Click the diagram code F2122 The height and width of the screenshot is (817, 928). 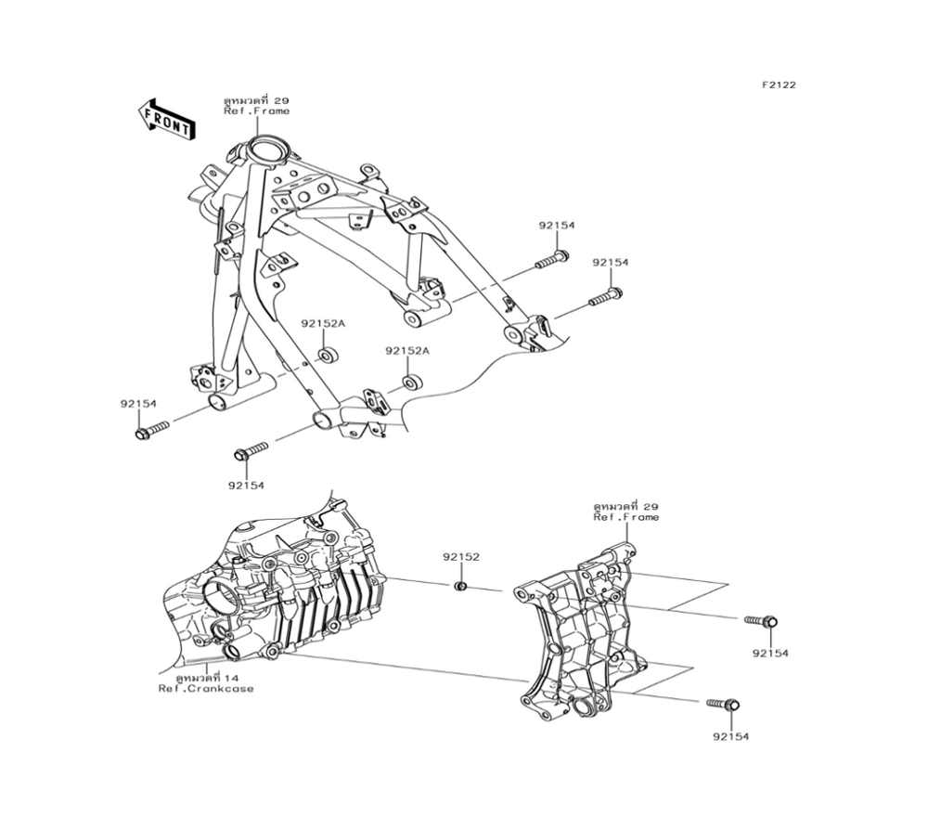[779, 84]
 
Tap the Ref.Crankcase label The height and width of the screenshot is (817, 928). [205, 688]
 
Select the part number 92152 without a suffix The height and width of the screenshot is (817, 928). [460, 557]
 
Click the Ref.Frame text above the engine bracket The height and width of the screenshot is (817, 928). [626, 517]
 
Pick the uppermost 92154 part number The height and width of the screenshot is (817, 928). [556, 226]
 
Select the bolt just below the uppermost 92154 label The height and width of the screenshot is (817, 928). [552, 258]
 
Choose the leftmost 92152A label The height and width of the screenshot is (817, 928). [322, 324]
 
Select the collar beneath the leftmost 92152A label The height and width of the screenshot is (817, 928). [329, 356]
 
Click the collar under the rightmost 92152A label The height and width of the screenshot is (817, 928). [411, 382]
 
